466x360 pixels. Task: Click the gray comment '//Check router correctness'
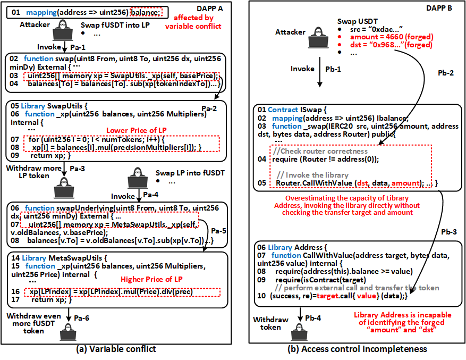coord(317,150)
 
